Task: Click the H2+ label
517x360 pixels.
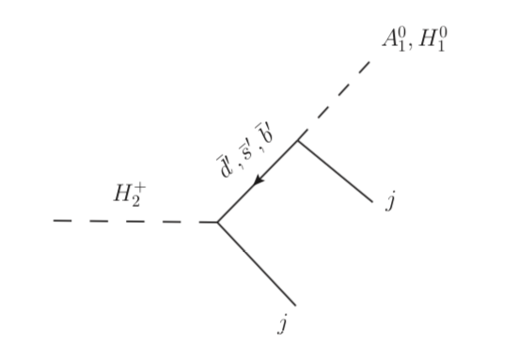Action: (x=130, y=194)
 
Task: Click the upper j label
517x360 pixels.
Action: (x=386, y=202)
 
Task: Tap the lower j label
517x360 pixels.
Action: (x=281, y=325)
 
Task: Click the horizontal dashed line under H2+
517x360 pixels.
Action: (x=132, y=222)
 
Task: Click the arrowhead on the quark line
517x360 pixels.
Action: (x=258, y=180)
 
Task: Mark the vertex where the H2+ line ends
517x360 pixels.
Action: (x=217, y=222)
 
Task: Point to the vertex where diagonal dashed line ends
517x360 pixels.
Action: (x=299, y=140)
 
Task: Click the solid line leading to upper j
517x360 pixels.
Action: (x=336, y=171)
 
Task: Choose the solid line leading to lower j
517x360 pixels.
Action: (x=257, y=264)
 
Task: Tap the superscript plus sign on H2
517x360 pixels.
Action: (x=141, y=187)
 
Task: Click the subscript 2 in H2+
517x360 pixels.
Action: (x=137, y=199)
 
